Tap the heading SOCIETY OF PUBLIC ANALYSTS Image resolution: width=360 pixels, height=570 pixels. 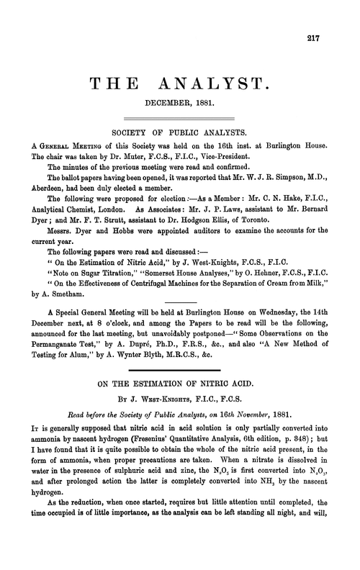click(180, 134)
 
